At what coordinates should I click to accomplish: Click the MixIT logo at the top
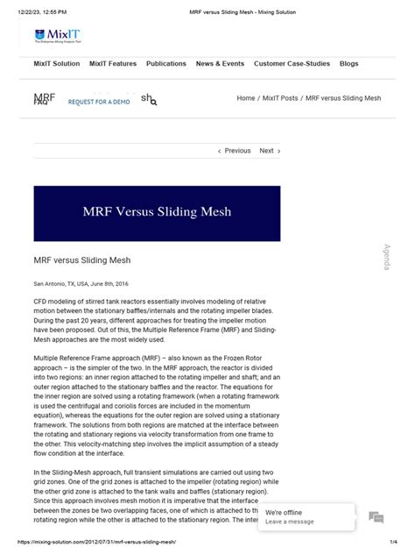[58, 35]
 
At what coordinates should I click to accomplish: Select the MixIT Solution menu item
[57, 64]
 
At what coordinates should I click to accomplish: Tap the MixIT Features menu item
[113, 64]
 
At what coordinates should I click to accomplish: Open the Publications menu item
[166, 64]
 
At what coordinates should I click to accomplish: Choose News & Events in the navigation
[220, 64]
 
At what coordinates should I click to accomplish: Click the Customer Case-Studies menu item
[292, 64]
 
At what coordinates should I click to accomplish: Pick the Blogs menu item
[348, 64]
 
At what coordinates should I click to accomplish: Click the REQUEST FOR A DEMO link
[99, 103]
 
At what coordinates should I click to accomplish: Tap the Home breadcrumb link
[246, 98]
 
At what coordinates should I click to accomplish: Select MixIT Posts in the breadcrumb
[279, 98]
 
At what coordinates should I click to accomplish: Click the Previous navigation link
[234, 151]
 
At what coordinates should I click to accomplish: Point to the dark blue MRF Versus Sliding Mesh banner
[157, 213]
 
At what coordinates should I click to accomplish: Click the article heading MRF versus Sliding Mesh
[82, 260]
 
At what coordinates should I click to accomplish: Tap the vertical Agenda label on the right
[386, 257]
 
